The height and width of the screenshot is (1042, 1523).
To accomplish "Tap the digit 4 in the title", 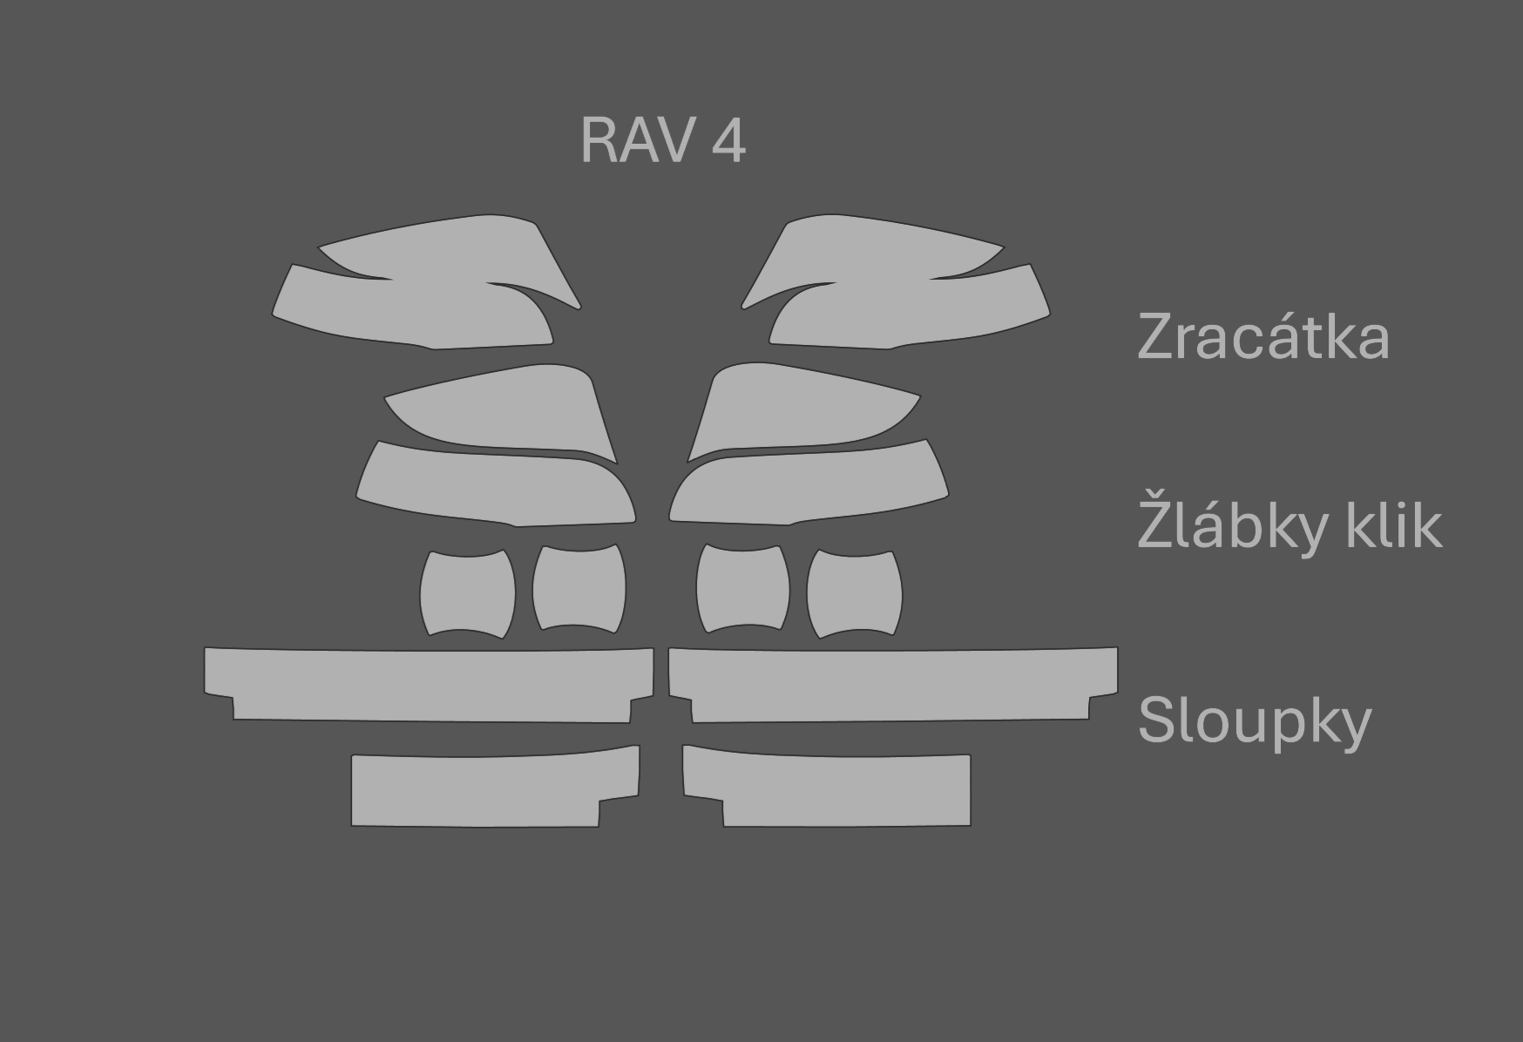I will pos(728,140).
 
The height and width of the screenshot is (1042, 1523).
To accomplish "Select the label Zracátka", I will pos(1262,337).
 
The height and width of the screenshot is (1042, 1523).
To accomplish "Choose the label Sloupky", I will pos(1254,721).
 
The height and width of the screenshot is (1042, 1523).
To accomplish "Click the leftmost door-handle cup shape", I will pos(467,594).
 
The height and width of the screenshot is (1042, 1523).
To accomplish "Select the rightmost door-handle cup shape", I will pos(854,594).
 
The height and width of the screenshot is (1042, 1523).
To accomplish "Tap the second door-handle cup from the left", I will pos(579,589).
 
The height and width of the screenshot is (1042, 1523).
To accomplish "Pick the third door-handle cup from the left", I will pos(742,589).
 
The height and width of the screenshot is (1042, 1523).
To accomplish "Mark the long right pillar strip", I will pos(893,685).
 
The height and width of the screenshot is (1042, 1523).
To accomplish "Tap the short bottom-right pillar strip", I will pos(836,789).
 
